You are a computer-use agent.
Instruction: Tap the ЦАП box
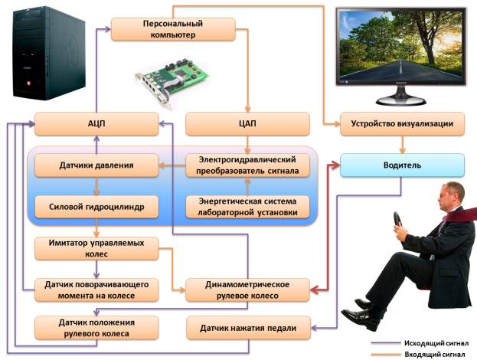(x=247, y=123)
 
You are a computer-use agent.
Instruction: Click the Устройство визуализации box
(x=402, y=123)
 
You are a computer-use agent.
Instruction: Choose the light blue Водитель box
(x=402, y=165)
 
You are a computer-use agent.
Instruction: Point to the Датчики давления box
(x=96, y=165)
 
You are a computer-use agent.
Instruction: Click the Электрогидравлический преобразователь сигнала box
(x=247, y=165)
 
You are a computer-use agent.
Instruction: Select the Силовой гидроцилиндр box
(x=96, y=205)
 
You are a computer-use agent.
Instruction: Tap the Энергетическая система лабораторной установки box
(x=247, y=206)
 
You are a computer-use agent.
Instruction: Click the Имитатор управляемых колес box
(x=96, y=247)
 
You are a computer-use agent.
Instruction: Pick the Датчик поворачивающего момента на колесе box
(x=96, y=288)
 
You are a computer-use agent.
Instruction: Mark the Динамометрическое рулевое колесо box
(x=247, y=288)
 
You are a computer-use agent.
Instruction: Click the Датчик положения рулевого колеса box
(x=96, y=328)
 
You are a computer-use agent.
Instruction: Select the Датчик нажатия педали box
(x=247, y=328)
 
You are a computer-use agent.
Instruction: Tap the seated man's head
(x=451, y=198)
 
